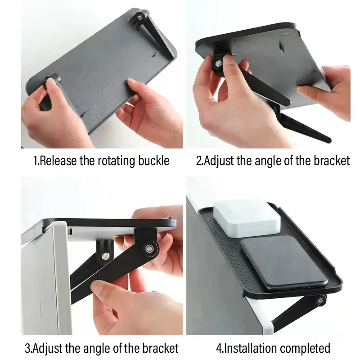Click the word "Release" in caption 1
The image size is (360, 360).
[58, 161]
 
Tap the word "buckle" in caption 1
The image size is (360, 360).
[153, 161]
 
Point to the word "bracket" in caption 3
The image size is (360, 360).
[160, 348]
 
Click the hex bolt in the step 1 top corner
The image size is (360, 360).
[139, 17]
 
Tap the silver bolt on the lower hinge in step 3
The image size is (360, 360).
[105, 256]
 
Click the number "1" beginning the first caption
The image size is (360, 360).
[36, 161]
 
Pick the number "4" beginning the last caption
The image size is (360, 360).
[219, 348]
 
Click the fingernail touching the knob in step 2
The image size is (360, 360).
[229, 60]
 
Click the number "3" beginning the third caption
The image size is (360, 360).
[27, 348]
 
